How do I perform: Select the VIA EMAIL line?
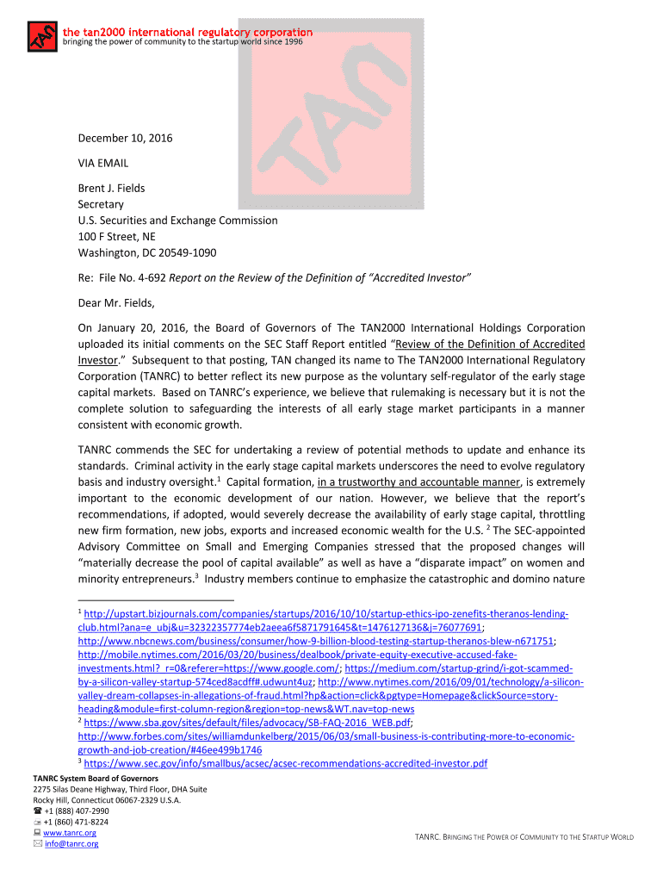(x=103, y=163)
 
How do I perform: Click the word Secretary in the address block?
(x=101, y=204)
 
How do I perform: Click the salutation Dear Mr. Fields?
(x=116, y=303)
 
